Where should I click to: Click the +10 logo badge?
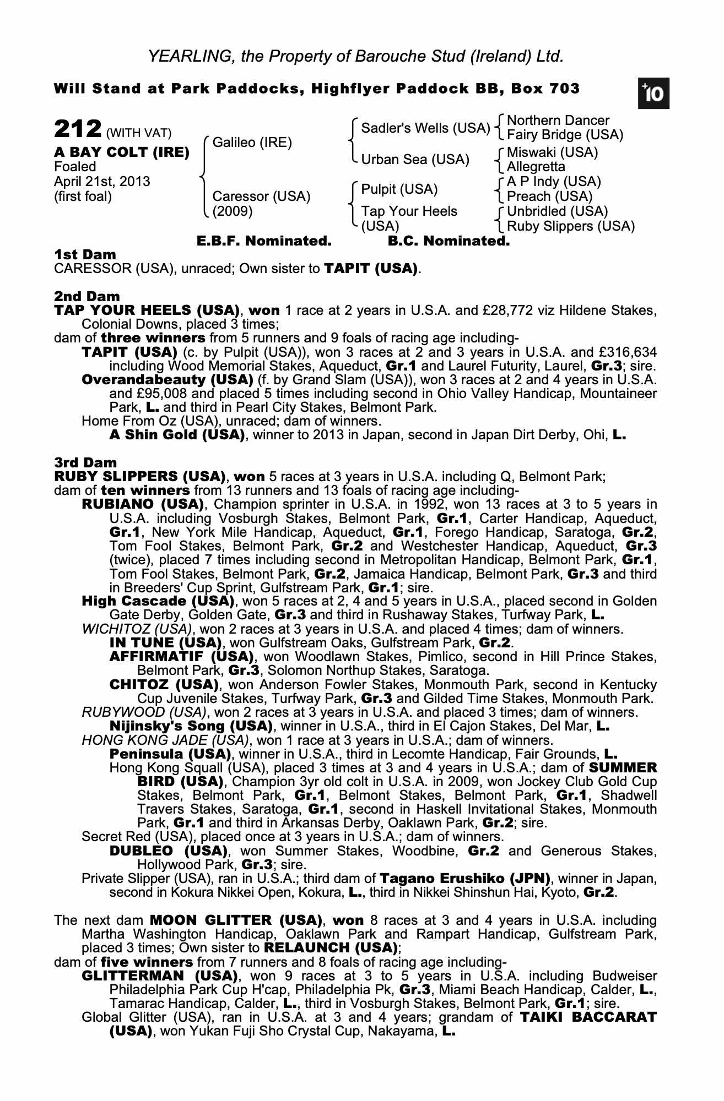653,94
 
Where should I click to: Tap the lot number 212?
77,130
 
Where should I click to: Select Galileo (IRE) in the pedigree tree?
252,143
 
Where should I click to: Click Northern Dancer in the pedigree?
558,121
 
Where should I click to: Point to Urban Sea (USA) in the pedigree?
415,160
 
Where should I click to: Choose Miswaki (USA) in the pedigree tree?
552,152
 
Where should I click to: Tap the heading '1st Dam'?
85,255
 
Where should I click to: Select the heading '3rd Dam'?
85,462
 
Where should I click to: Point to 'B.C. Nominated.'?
449,241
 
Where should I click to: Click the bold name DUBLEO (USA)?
169,851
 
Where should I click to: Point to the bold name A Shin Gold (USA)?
177,435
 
